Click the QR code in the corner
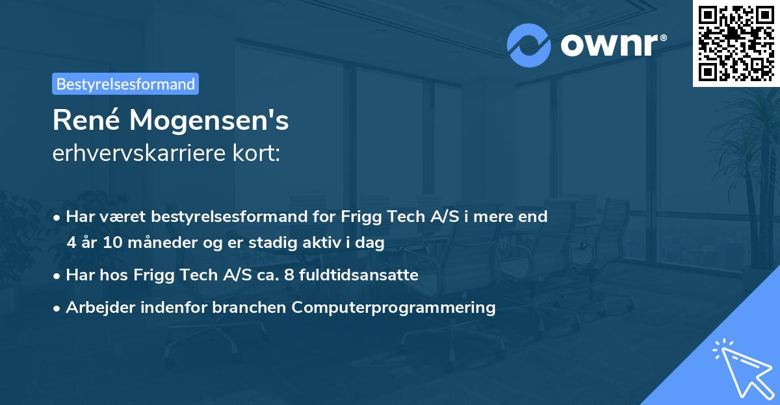[x=736, y=43]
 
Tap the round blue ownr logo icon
[x=528, y=45]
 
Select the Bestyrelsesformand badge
[x=125, y=84]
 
